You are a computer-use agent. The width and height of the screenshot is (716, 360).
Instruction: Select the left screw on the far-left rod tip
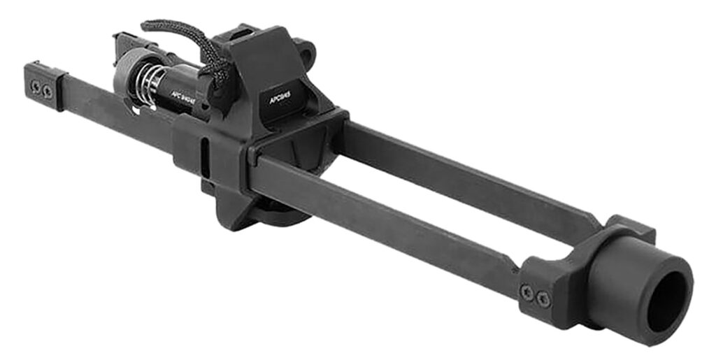(35, 86)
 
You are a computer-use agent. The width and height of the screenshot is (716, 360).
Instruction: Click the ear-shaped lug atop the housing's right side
(306, 50)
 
